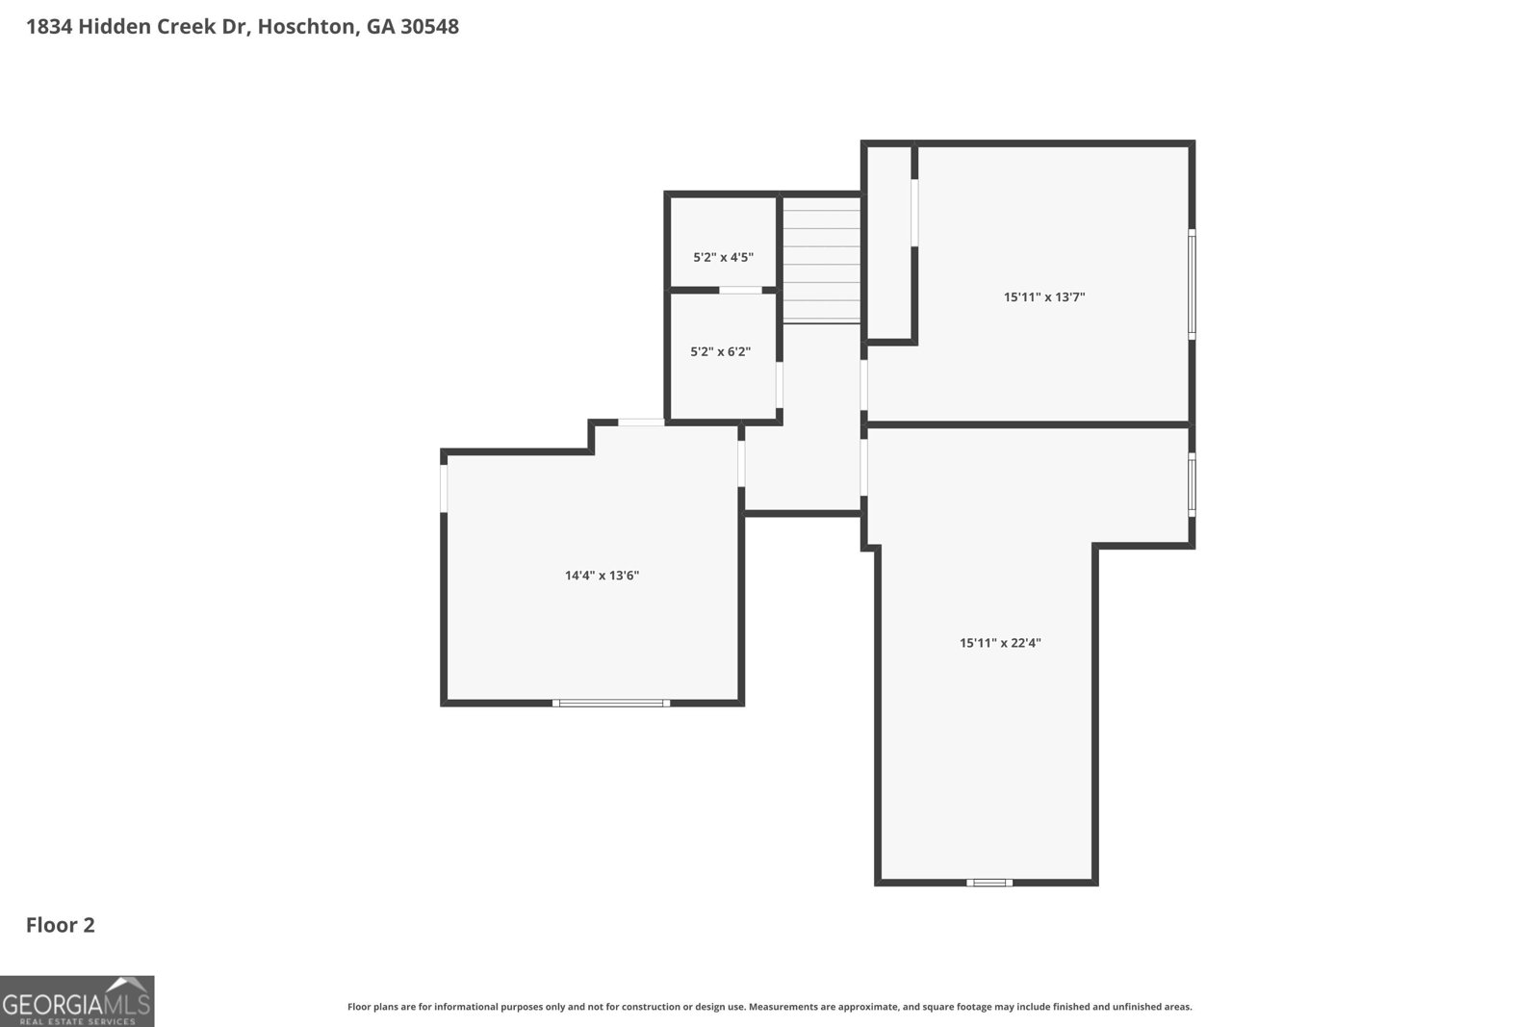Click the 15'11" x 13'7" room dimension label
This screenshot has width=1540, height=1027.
coord(1044,297)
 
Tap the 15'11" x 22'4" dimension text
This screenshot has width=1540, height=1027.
coord(1000,643)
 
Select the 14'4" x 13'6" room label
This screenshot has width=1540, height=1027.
coord(602,576)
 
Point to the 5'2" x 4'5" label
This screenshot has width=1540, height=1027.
coord(723,257)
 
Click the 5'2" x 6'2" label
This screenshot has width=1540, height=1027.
coord(720,352)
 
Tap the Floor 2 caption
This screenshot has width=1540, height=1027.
coord(61,925)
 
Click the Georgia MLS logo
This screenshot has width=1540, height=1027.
coord(77,1001)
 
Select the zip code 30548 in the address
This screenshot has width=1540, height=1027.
coord(429,27)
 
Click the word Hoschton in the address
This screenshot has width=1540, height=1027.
coord(306,27)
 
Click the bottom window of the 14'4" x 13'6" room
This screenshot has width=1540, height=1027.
coord(611,703)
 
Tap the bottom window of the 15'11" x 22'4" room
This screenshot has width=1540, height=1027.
coord(989,882)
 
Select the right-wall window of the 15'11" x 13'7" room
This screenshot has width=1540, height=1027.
coord(1192,284)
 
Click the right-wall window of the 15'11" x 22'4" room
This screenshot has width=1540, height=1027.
coord(1192,485)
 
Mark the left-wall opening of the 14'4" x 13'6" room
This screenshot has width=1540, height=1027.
coord(444,488)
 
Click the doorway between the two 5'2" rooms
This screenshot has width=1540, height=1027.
coord(740,290)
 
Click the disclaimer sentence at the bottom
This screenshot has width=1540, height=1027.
coord(769,1007)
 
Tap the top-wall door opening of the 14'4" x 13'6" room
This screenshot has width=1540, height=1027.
coord(641,423)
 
